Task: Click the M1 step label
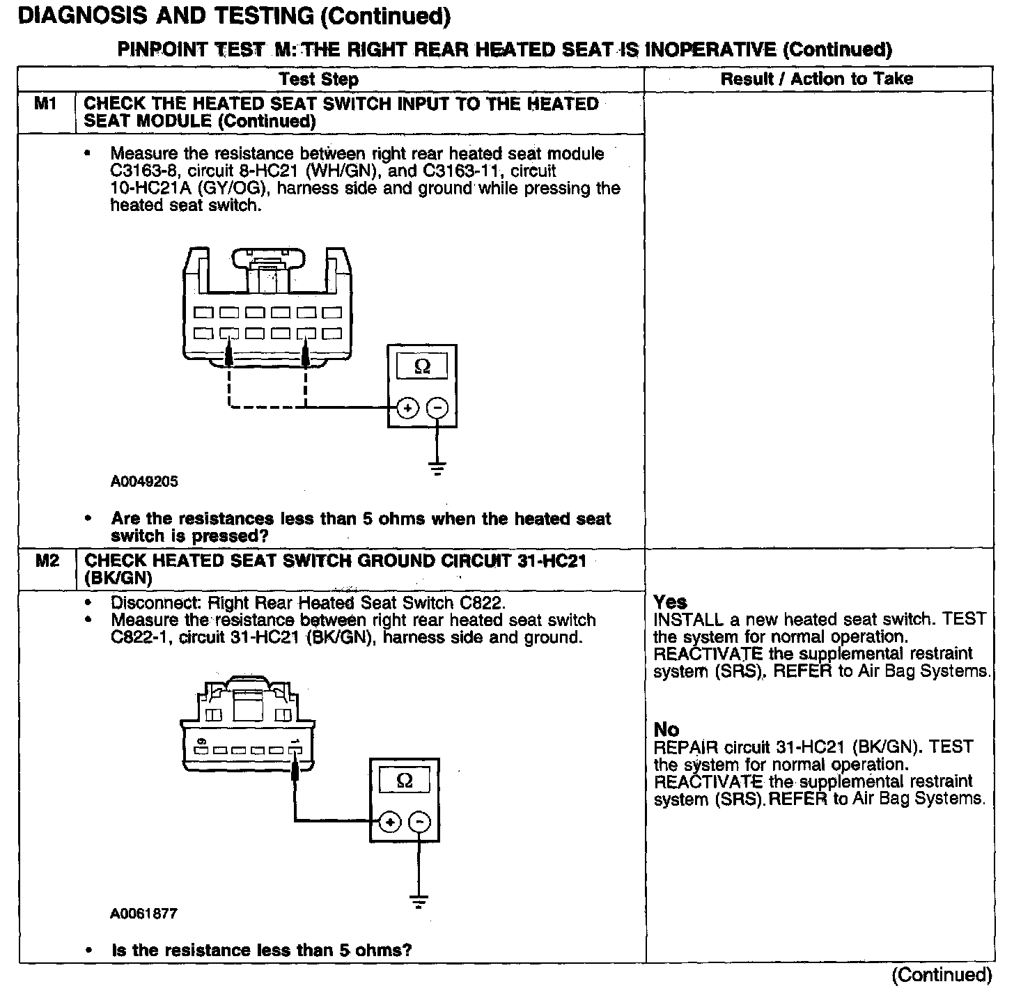45,104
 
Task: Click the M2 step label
47,561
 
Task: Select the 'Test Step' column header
318,79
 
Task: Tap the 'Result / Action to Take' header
816,79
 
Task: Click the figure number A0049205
144,481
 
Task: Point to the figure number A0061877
143,913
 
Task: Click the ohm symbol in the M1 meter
422,366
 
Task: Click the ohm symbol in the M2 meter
404,781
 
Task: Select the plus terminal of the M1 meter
407,407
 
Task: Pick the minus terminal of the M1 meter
437,407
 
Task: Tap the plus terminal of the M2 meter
390,822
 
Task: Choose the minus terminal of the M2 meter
419,822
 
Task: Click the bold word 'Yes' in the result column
670,602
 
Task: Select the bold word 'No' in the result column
666,729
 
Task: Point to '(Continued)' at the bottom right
942,975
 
